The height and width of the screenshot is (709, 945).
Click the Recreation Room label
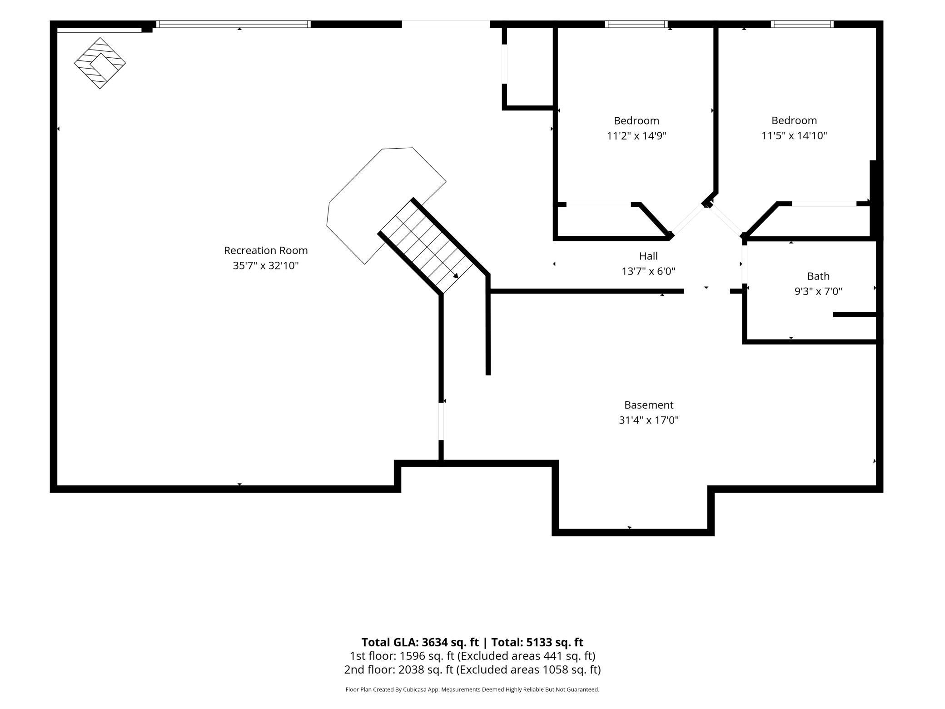(266, 250)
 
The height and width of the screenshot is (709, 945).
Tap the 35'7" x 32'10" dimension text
(266, 265)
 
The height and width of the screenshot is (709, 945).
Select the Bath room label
(818, 276)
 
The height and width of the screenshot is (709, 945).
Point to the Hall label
(648, 256)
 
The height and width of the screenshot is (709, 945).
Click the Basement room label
(649, 405)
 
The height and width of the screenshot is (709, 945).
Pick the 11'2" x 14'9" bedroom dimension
(637, 135)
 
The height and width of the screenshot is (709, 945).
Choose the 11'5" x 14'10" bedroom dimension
(794, 135)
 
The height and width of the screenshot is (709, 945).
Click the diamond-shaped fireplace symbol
(100, 63)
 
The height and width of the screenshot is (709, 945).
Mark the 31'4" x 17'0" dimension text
(649, 420)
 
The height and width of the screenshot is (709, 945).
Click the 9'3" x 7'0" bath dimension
(818, 291)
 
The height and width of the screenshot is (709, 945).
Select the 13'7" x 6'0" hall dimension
(648, 271)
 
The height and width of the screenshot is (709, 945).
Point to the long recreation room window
(234, 24)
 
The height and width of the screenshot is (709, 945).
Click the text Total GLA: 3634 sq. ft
(420, 642)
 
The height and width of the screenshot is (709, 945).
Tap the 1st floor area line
(472, 656)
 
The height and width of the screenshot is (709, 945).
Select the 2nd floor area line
(472, 669)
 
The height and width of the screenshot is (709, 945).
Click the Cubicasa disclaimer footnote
(472, 689)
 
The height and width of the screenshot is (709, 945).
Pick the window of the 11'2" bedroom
(636, 24)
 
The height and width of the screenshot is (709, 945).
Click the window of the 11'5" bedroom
(802, 24)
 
